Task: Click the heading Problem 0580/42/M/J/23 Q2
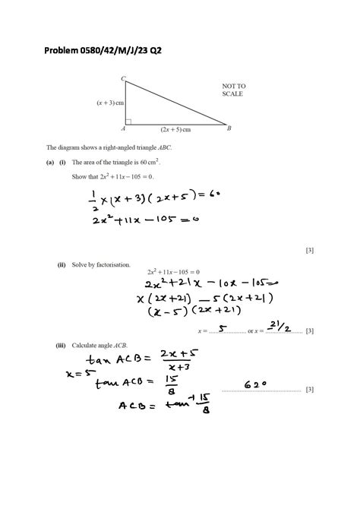[103, 50]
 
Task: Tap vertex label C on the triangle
[123, 78]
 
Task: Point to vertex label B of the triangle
[229, 128]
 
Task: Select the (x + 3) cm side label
[110, 102]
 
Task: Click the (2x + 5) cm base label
[175, 129]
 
